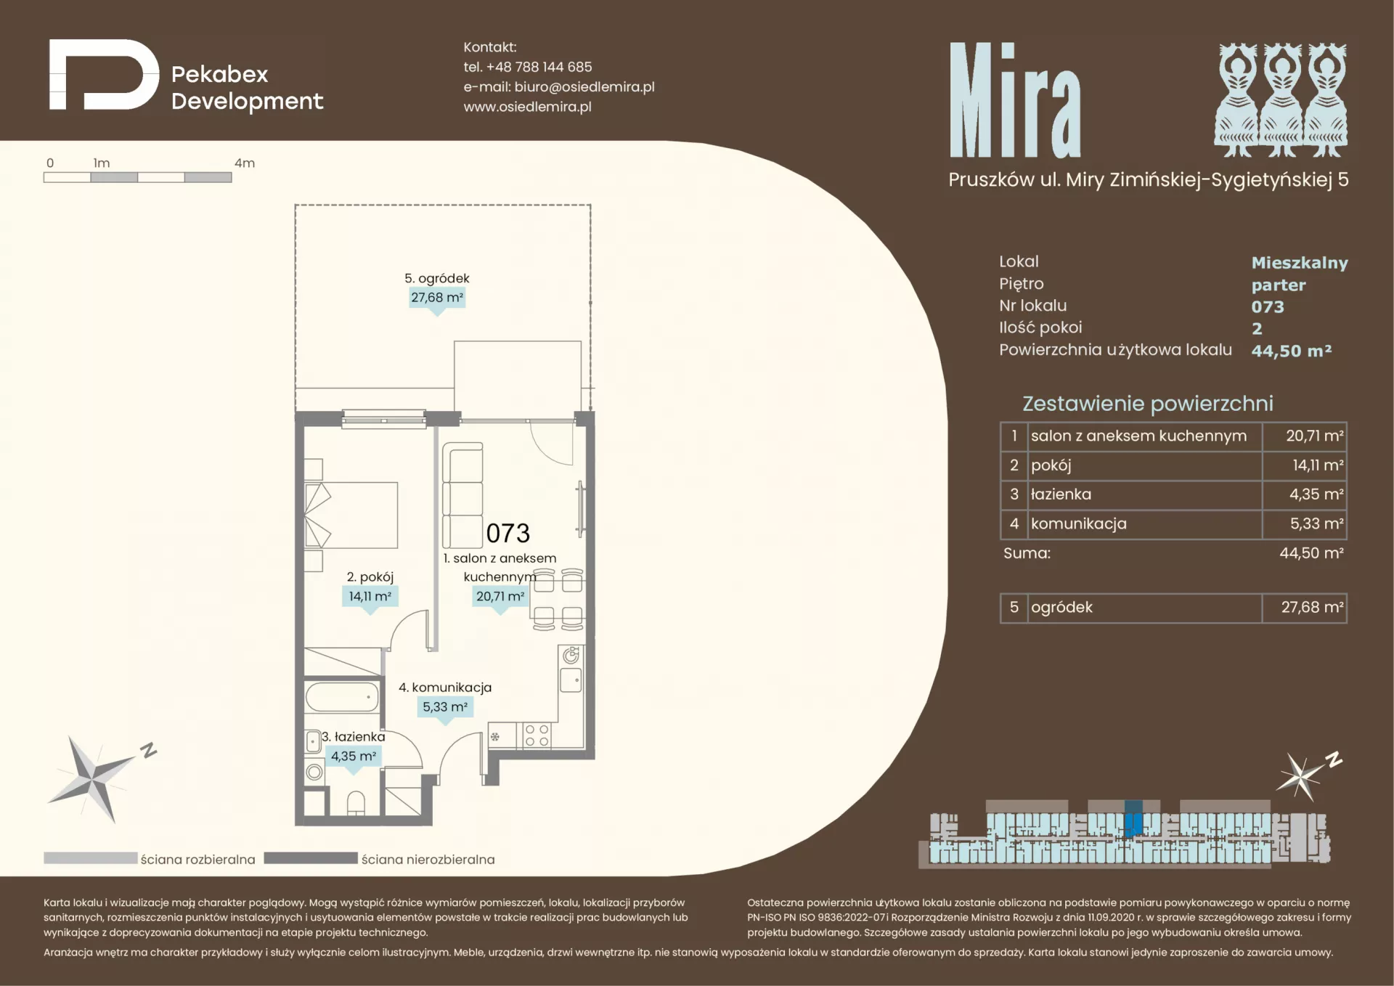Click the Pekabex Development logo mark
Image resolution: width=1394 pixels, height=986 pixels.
click(x=104, y=75)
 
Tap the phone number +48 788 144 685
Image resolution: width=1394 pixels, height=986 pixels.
click(x=539, y=67)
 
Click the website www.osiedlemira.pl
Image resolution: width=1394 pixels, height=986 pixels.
click(x=528, y=107)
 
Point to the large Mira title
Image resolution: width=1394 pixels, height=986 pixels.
click(x=1015, y=99)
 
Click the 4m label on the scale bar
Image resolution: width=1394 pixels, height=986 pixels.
click(x=245, y=163)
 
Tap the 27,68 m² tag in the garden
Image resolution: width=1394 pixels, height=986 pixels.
click(x=437, y=298)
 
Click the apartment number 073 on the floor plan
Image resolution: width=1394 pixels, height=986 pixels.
click(x=508, y=533)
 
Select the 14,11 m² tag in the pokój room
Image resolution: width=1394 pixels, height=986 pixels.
click(x=370, y=596)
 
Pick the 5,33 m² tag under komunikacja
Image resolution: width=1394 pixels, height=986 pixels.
click(x=445, y=706)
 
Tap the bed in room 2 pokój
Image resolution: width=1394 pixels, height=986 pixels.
click(x=351, y=515)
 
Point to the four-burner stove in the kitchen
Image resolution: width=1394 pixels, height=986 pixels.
click(x=537, y=735)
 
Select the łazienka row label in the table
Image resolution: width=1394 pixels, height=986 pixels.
click(x=1061, y=494)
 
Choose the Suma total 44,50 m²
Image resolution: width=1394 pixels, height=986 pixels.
click(x=1311, y=553)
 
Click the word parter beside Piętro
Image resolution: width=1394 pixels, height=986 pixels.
click(x=1279, y=285)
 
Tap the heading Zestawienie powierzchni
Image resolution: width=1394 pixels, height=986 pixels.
click(x=1148, y=404)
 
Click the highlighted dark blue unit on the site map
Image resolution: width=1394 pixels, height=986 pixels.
click(x=1133, y=819)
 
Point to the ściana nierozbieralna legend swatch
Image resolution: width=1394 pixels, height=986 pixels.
click(x=311, y=858)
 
